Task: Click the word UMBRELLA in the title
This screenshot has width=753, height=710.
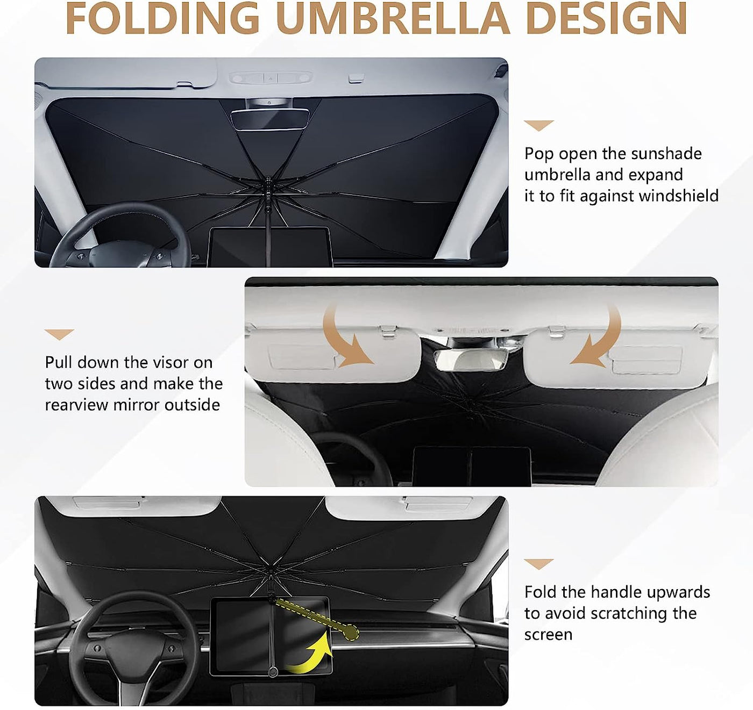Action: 392,19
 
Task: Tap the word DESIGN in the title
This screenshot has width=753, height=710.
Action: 606,19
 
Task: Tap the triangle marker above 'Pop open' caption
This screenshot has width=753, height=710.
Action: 538,125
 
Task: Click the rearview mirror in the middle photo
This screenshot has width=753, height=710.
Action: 471,360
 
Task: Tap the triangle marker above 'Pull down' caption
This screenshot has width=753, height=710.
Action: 59,334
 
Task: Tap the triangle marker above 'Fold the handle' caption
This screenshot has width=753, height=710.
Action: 538,564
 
